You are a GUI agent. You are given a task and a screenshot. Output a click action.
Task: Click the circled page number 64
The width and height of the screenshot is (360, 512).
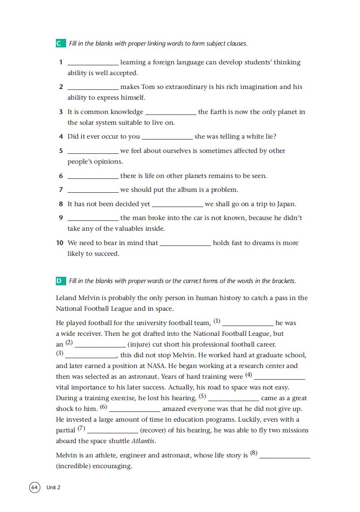(35, 487)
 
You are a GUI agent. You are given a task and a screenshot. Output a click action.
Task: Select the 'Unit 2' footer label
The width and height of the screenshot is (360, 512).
(53, 487)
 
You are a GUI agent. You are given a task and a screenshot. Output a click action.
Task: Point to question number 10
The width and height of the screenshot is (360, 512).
(59, 243)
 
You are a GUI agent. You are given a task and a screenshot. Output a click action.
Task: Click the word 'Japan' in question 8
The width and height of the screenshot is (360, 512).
(286, 204)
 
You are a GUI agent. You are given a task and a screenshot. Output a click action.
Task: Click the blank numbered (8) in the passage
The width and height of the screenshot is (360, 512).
(284, 457)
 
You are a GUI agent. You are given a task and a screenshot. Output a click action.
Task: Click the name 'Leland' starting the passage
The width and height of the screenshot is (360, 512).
(67, 298)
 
